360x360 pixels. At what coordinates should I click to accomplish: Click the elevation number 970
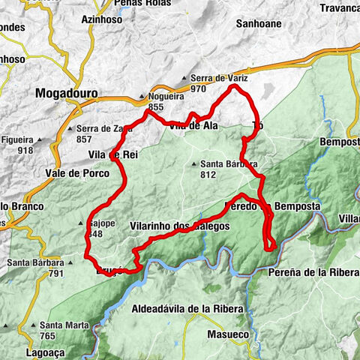tap(199, 88)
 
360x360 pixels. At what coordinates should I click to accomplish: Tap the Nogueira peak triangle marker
tap(142, 97)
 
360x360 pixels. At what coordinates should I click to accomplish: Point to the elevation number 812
tap(208, 175)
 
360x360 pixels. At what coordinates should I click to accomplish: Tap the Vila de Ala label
tap(193, 126)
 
